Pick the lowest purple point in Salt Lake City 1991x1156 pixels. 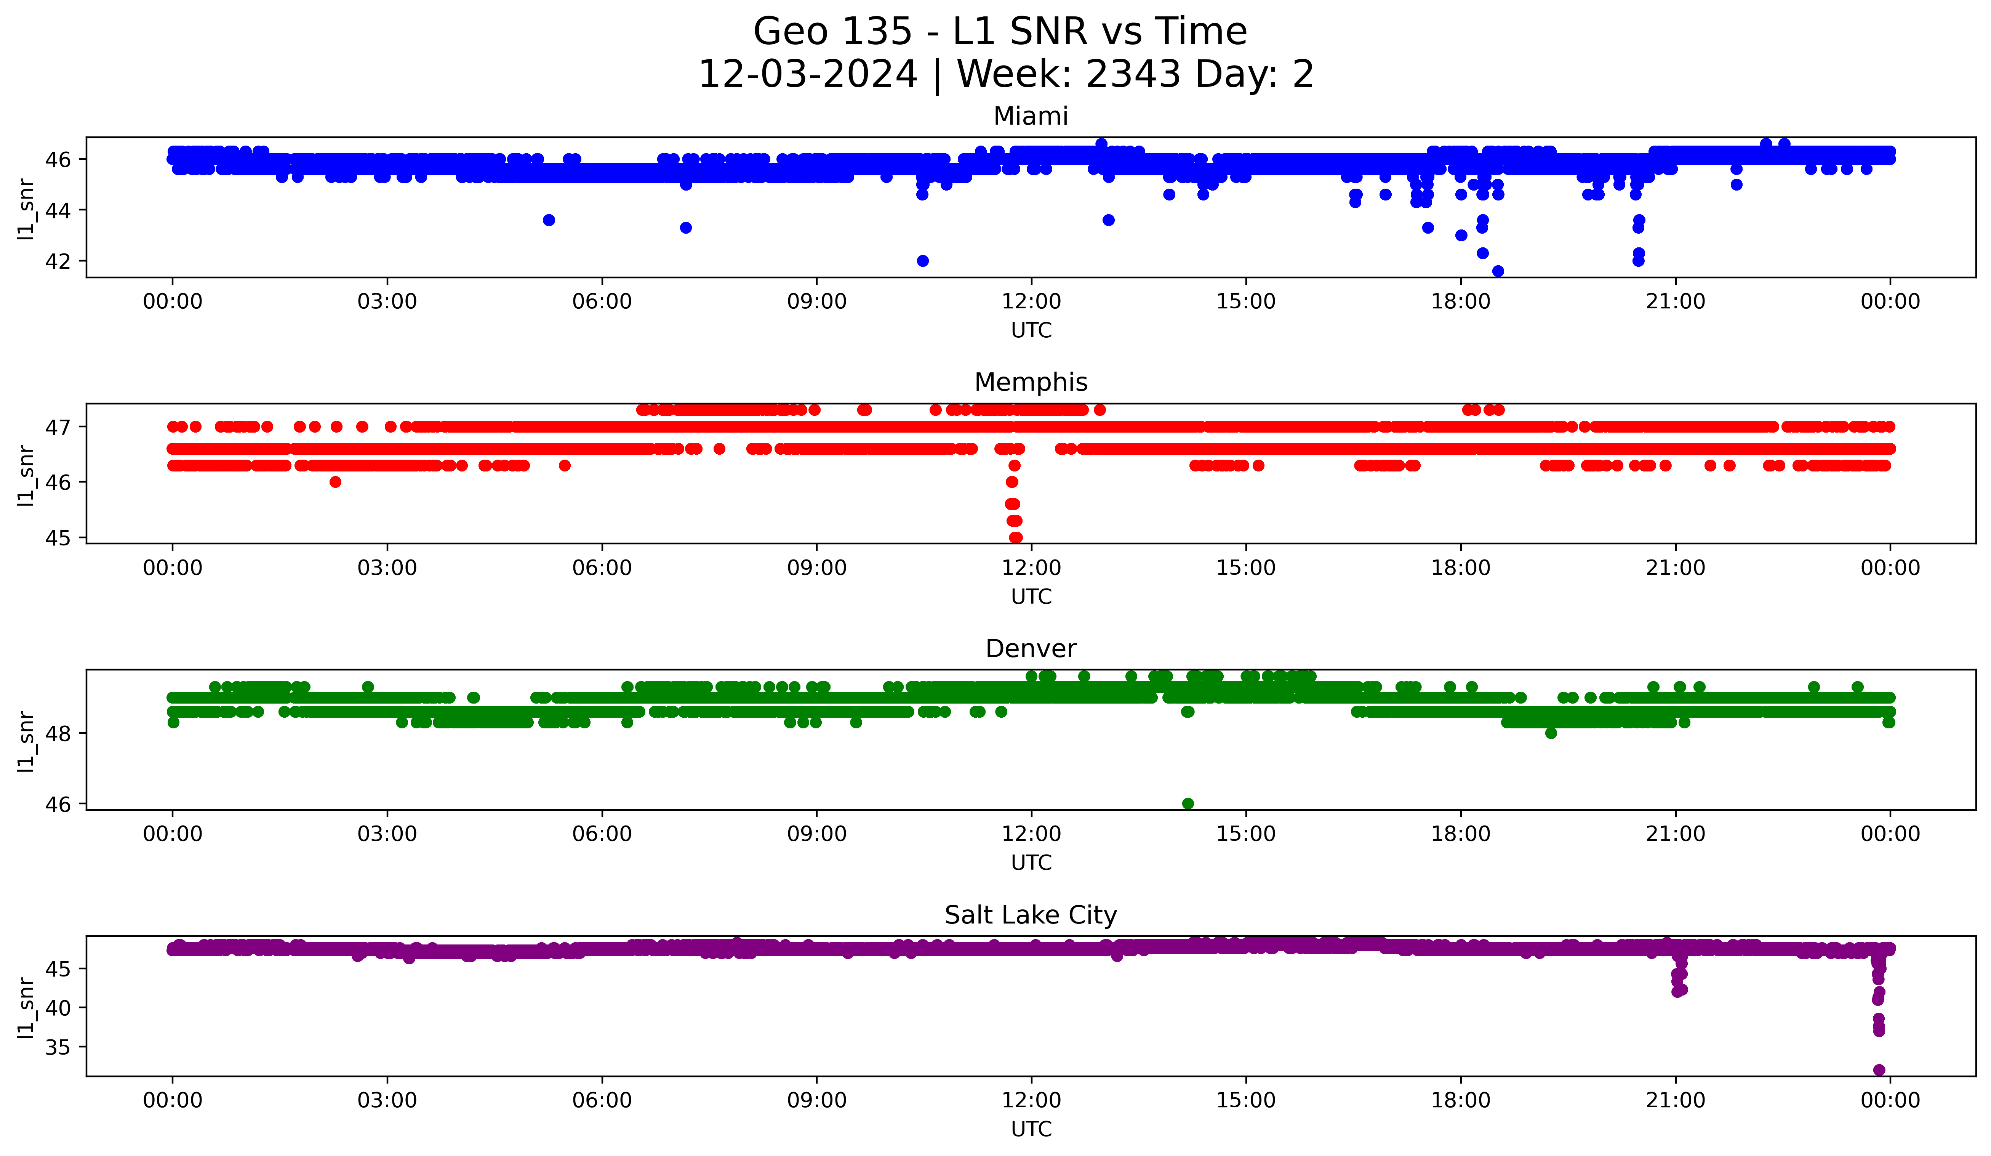(x=1879, y=1070)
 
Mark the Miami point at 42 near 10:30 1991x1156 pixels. (x=922, y=261)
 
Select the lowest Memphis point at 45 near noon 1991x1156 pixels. (x=1016, y=537)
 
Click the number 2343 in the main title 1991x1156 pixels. (x=1134, y=74)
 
